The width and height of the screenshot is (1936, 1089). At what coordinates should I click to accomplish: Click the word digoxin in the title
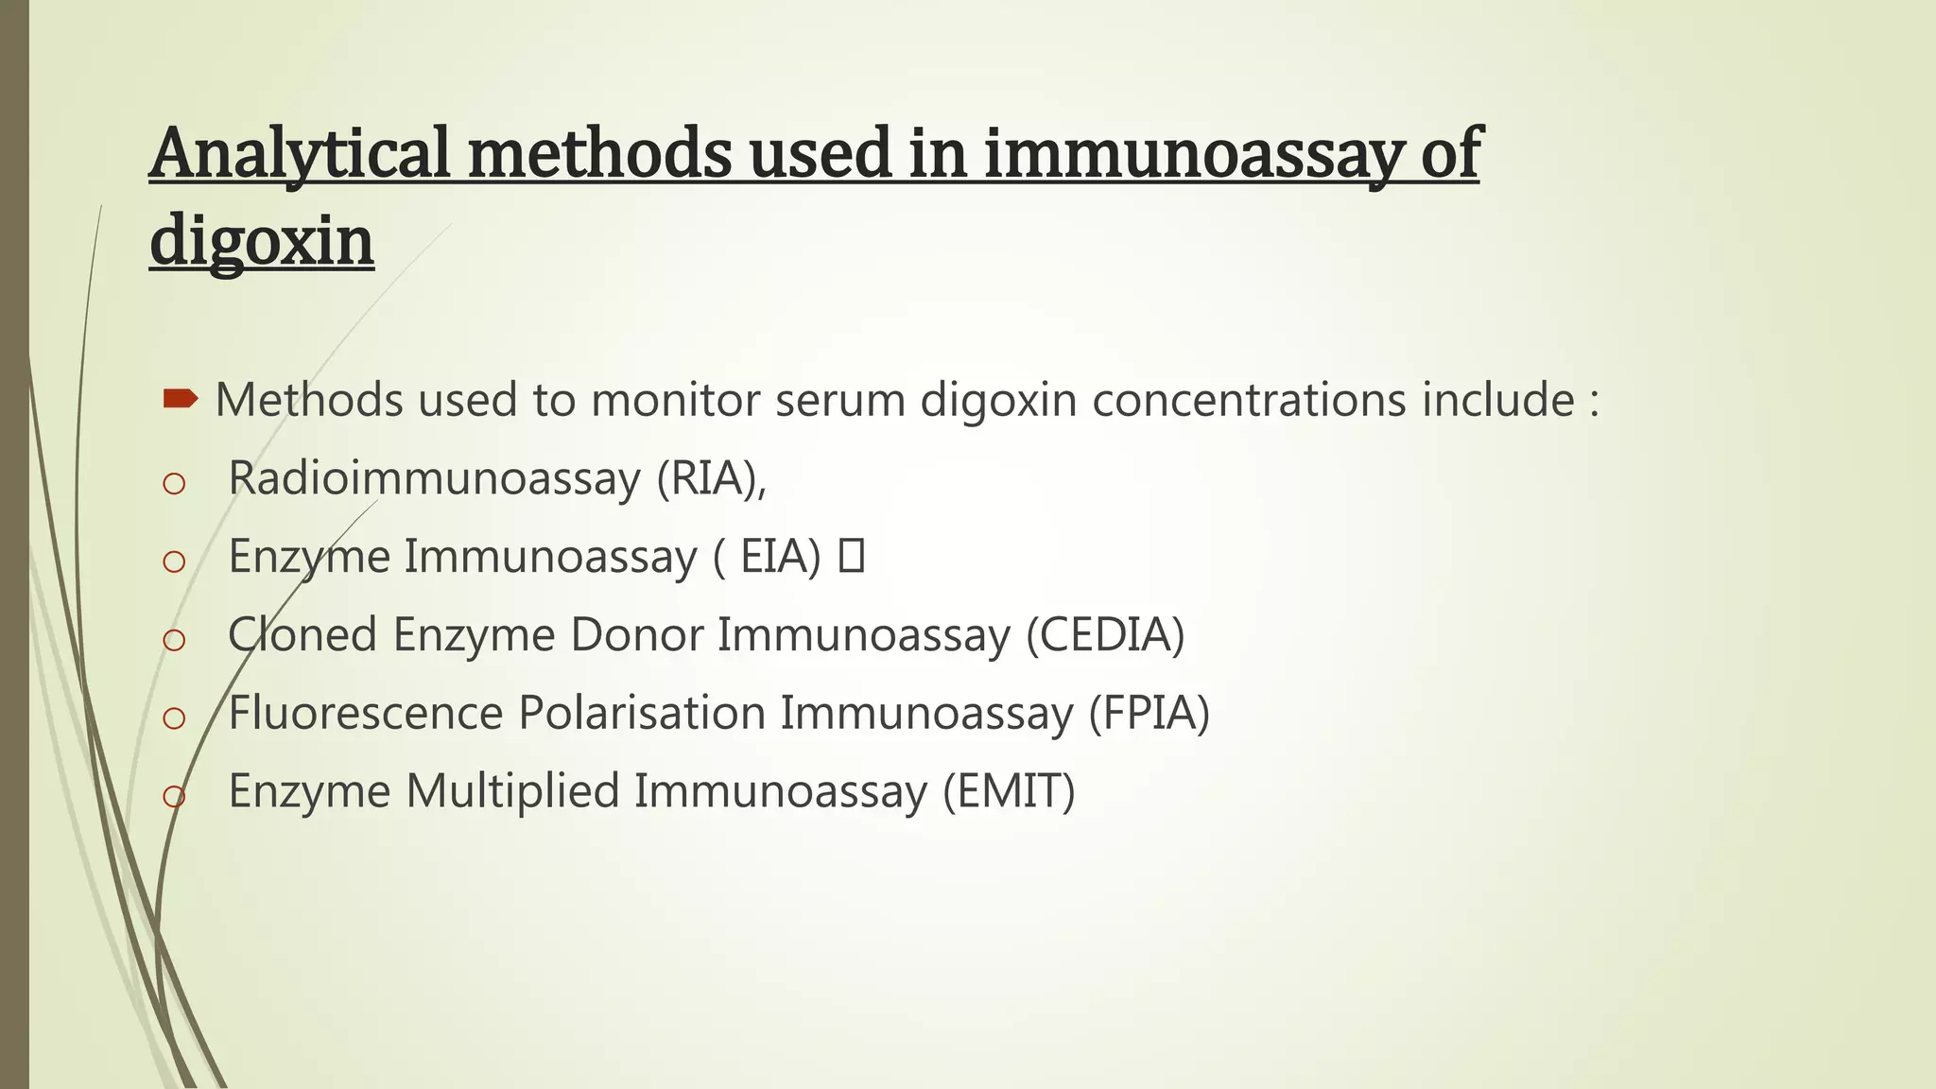[262, 240]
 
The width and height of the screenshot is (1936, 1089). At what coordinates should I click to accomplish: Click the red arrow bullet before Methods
[180, 399]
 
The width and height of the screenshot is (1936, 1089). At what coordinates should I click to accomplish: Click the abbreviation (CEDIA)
[1105, 634]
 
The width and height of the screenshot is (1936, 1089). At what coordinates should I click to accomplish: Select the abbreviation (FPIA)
[1149, 713]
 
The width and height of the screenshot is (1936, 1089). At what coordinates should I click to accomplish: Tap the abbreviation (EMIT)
[1009, 791]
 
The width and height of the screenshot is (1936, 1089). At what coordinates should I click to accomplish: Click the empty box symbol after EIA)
[851, 556]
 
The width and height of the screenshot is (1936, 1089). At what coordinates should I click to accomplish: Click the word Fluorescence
[366, 713]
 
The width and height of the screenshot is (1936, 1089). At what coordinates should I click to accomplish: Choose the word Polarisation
[642, 713]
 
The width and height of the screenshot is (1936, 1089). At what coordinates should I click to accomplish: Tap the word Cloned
[302, 634]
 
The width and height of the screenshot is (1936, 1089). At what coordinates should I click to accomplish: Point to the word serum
[840, 399]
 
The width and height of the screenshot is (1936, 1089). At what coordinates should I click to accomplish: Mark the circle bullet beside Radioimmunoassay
[174, 484]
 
